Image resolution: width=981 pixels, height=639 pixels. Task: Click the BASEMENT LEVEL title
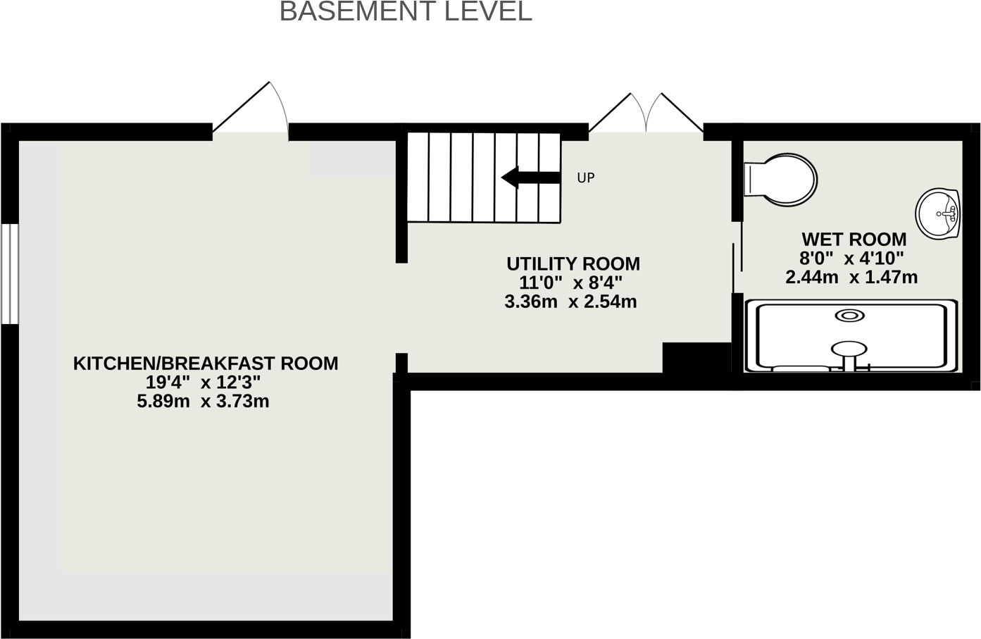pos(406,12)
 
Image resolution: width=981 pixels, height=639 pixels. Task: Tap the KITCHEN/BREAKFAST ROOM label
pos(206,364)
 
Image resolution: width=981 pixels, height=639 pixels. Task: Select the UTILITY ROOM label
pos(573,264)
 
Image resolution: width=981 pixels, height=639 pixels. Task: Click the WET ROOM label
pos(854,240)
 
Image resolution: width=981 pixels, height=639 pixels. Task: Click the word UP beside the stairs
pos(586,178)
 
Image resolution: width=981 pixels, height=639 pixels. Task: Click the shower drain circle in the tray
pos(849,316)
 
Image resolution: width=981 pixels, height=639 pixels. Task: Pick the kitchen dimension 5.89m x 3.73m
pos(203,402)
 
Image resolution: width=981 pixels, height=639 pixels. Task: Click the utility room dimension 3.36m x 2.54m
pos(570,302)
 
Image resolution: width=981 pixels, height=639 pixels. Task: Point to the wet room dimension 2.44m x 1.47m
pos(851,278)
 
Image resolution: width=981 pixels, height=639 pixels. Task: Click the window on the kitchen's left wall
pos(9,274)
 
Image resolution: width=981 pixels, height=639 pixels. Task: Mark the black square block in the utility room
pos(695,358)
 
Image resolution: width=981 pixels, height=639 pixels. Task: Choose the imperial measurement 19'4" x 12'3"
pos(203,383)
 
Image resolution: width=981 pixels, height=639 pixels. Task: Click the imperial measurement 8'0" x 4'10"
pos(851,259)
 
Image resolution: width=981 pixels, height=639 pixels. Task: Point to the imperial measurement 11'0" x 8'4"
pos(570,283)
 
